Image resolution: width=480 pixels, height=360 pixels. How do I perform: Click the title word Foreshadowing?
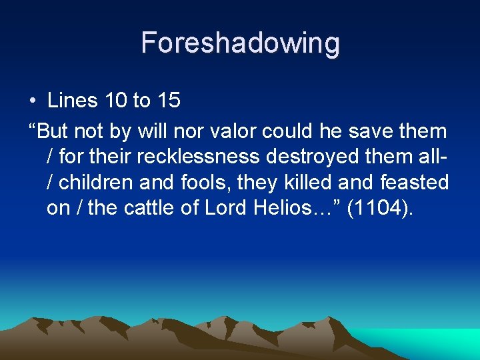240,43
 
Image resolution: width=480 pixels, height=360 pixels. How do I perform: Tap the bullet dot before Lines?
33,101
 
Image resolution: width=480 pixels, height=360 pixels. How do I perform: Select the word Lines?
73,101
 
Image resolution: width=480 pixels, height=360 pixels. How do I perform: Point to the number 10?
117,101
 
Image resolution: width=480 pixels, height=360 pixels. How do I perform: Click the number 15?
168,101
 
